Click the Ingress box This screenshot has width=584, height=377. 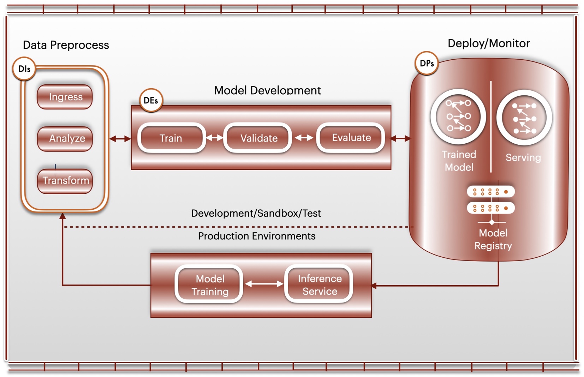pos(65,97)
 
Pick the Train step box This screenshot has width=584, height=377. pos(171,138)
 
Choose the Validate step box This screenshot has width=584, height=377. pos(258,138)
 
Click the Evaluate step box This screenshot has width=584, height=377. pos(351,138)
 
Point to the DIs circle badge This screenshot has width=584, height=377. pos(24,69)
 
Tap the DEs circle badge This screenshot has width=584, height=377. pos(151,101)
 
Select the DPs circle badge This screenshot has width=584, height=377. pos(427,64)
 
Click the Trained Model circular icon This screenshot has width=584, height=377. pos(458,116)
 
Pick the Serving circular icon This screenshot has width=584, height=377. pos(524,118)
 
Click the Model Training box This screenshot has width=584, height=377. pos(210,285)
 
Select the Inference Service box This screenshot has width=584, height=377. pos(319,285)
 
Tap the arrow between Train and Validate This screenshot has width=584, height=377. pos(215,138)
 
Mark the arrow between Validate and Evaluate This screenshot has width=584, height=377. pos(304,138)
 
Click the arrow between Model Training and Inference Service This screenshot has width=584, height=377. pos(264,284)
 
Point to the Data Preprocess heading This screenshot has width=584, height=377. pos(66,45)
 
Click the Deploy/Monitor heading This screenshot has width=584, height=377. pos(489,43)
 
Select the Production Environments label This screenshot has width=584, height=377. pos(257,236)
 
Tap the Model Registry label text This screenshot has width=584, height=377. pos(493,239)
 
